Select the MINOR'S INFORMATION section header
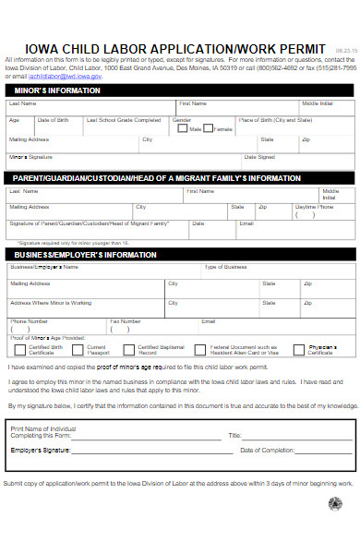(x=55, y=90)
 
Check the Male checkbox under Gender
(x=185, y=129)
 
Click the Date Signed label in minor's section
(x=273, y=157)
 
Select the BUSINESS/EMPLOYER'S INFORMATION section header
(x=85, y=254)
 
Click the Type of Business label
(x=225, y=267)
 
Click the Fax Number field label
(x=125, y=320)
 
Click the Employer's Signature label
(x=41, y=450)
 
